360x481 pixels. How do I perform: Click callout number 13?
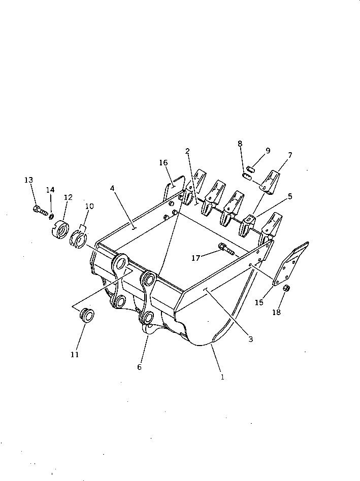pyautogui.click(x=28, y=180)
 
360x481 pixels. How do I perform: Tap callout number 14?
pyautogui.click(x=50, y=190)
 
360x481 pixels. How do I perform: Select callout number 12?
pyautogui.click(x=68, y=197)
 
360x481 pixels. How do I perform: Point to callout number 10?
pyautogui.click(x=89, y=206)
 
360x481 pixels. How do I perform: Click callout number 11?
pyautogui.click(x=75, y=355)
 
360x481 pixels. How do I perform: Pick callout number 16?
pyautogui.click(x=163, y=163)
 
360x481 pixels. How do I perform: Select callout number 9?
pyautogui.click(x=268, y=151)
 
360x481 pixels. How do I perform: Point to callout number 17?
pyautogui.click(x=195, y=258)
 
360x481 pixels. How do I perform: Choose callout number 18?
pyautogui.click(x=276, y=313)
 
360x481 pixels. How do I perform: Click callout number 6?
pyautogui.click(x=139, y=367)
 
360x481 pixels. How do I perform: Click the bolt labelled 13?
pyautogui.click(x=40, y=209)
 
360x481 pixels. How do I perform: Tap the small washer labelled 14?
pyautogui.click(x=52, y=217)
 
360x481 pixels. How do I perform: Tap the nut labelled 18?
pyautogui.click(x=285, y=288)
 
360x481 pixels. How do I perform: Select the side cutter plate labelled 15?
pyautogui.click(x=290, y=264)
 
